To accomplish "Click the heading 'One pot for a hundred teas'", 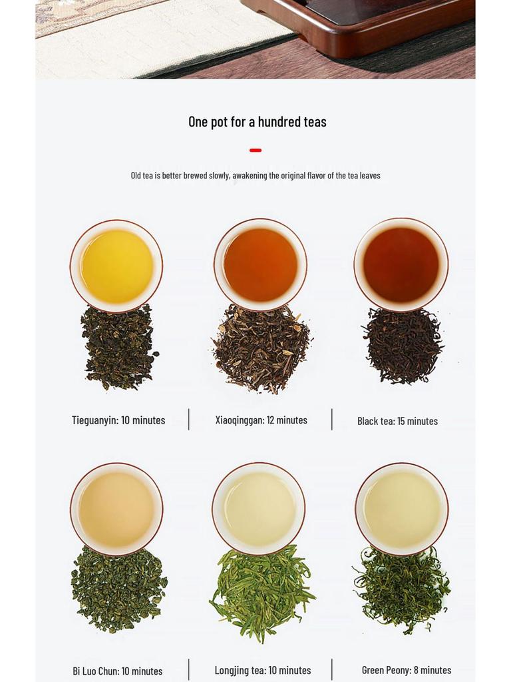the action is pos(257,122).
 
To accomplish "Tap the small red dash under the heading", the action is pos(255,150).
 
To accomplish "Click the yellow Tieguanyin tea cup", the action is pos(116,266).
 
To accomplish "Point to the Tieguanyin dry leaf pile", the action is pos(118,348).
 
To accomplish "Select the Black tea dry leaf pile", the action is pos(402,346).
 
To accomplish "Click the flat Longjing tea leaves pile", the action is pos(262,593).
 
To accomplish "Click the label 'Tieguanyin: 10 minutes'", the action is pos(118,420).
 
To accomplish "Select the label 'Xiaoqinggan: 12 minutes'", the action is pos(261,420).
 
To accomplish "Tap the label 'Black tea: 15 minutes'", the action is pos(398,421).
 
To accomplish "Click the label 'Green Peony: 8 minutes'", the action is pos(407,670).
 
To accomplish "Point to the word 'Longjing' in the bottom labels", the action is pos(232,671).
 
